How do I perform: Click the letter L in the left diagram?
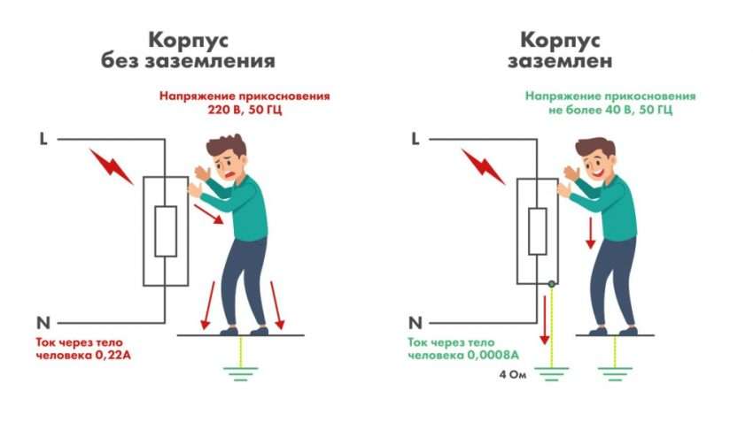pos(43,138)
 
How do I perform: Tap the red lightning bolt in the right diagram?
pos(484,165)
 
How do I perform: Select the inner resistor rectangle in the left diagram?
pos(166,231)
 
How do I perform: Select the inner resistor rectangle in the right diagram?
pos(537,232)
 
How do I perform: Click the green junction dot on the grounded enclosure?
pos(550,283)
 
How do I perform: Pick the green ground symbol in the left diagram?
pos(235,371)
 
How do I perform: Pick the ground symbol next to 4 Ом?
pos(550,372)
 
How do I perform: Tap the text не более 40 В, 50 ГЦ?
pos(610,111)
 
